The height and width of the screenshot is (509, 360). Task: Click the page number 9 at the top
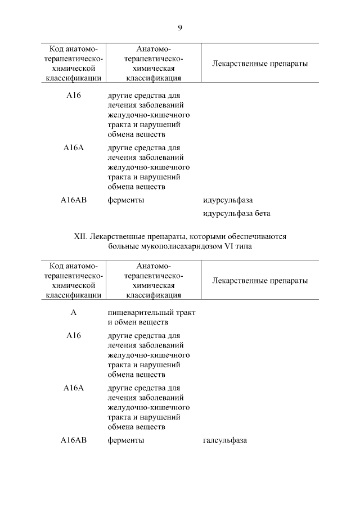click(x=180, y=27)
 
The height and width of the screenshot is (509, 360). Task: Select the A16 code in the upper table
click(x=74, y=95)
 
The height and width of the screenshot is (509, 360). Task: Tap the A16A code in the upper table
click(x=74, y=148)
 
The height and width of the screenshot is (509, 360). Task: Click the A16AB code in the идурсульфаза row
click(x=74, y=200)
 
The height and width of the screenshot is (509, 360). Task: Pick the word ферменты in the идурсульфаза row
click(x=126, y=200)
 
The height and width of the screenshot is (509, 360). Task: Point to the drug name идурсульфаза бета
click(x=237, y=214)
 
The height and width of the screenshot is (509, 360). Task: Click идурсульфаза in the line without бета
click(x=228, y=200)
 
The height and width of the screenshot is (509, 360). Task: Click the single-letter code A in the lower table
click(x=74, y=312)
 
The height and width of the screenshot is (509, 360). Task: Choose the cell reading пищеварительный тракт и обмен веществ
click(x=151, y=317)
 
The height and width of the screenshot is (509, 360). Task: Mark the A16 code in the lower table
click(x=74, y=335)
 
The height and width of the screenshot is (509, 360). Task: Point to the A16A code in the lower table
click(x=74, y=388)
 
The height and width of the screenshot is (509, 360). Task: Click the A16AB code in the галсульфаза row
click(x=74, y=440)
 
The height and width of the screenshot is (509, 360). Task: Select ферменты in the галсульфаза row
click(x=126, y=440)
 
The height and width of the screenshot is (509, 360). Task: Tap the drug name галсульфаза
click(x=225, y=440)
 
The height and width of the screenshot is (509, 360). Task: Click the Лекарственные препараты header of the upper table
click(x=260, y=64)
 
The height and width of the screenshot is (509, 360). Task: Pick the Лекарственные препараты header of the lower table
click(x=260, y=281)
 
